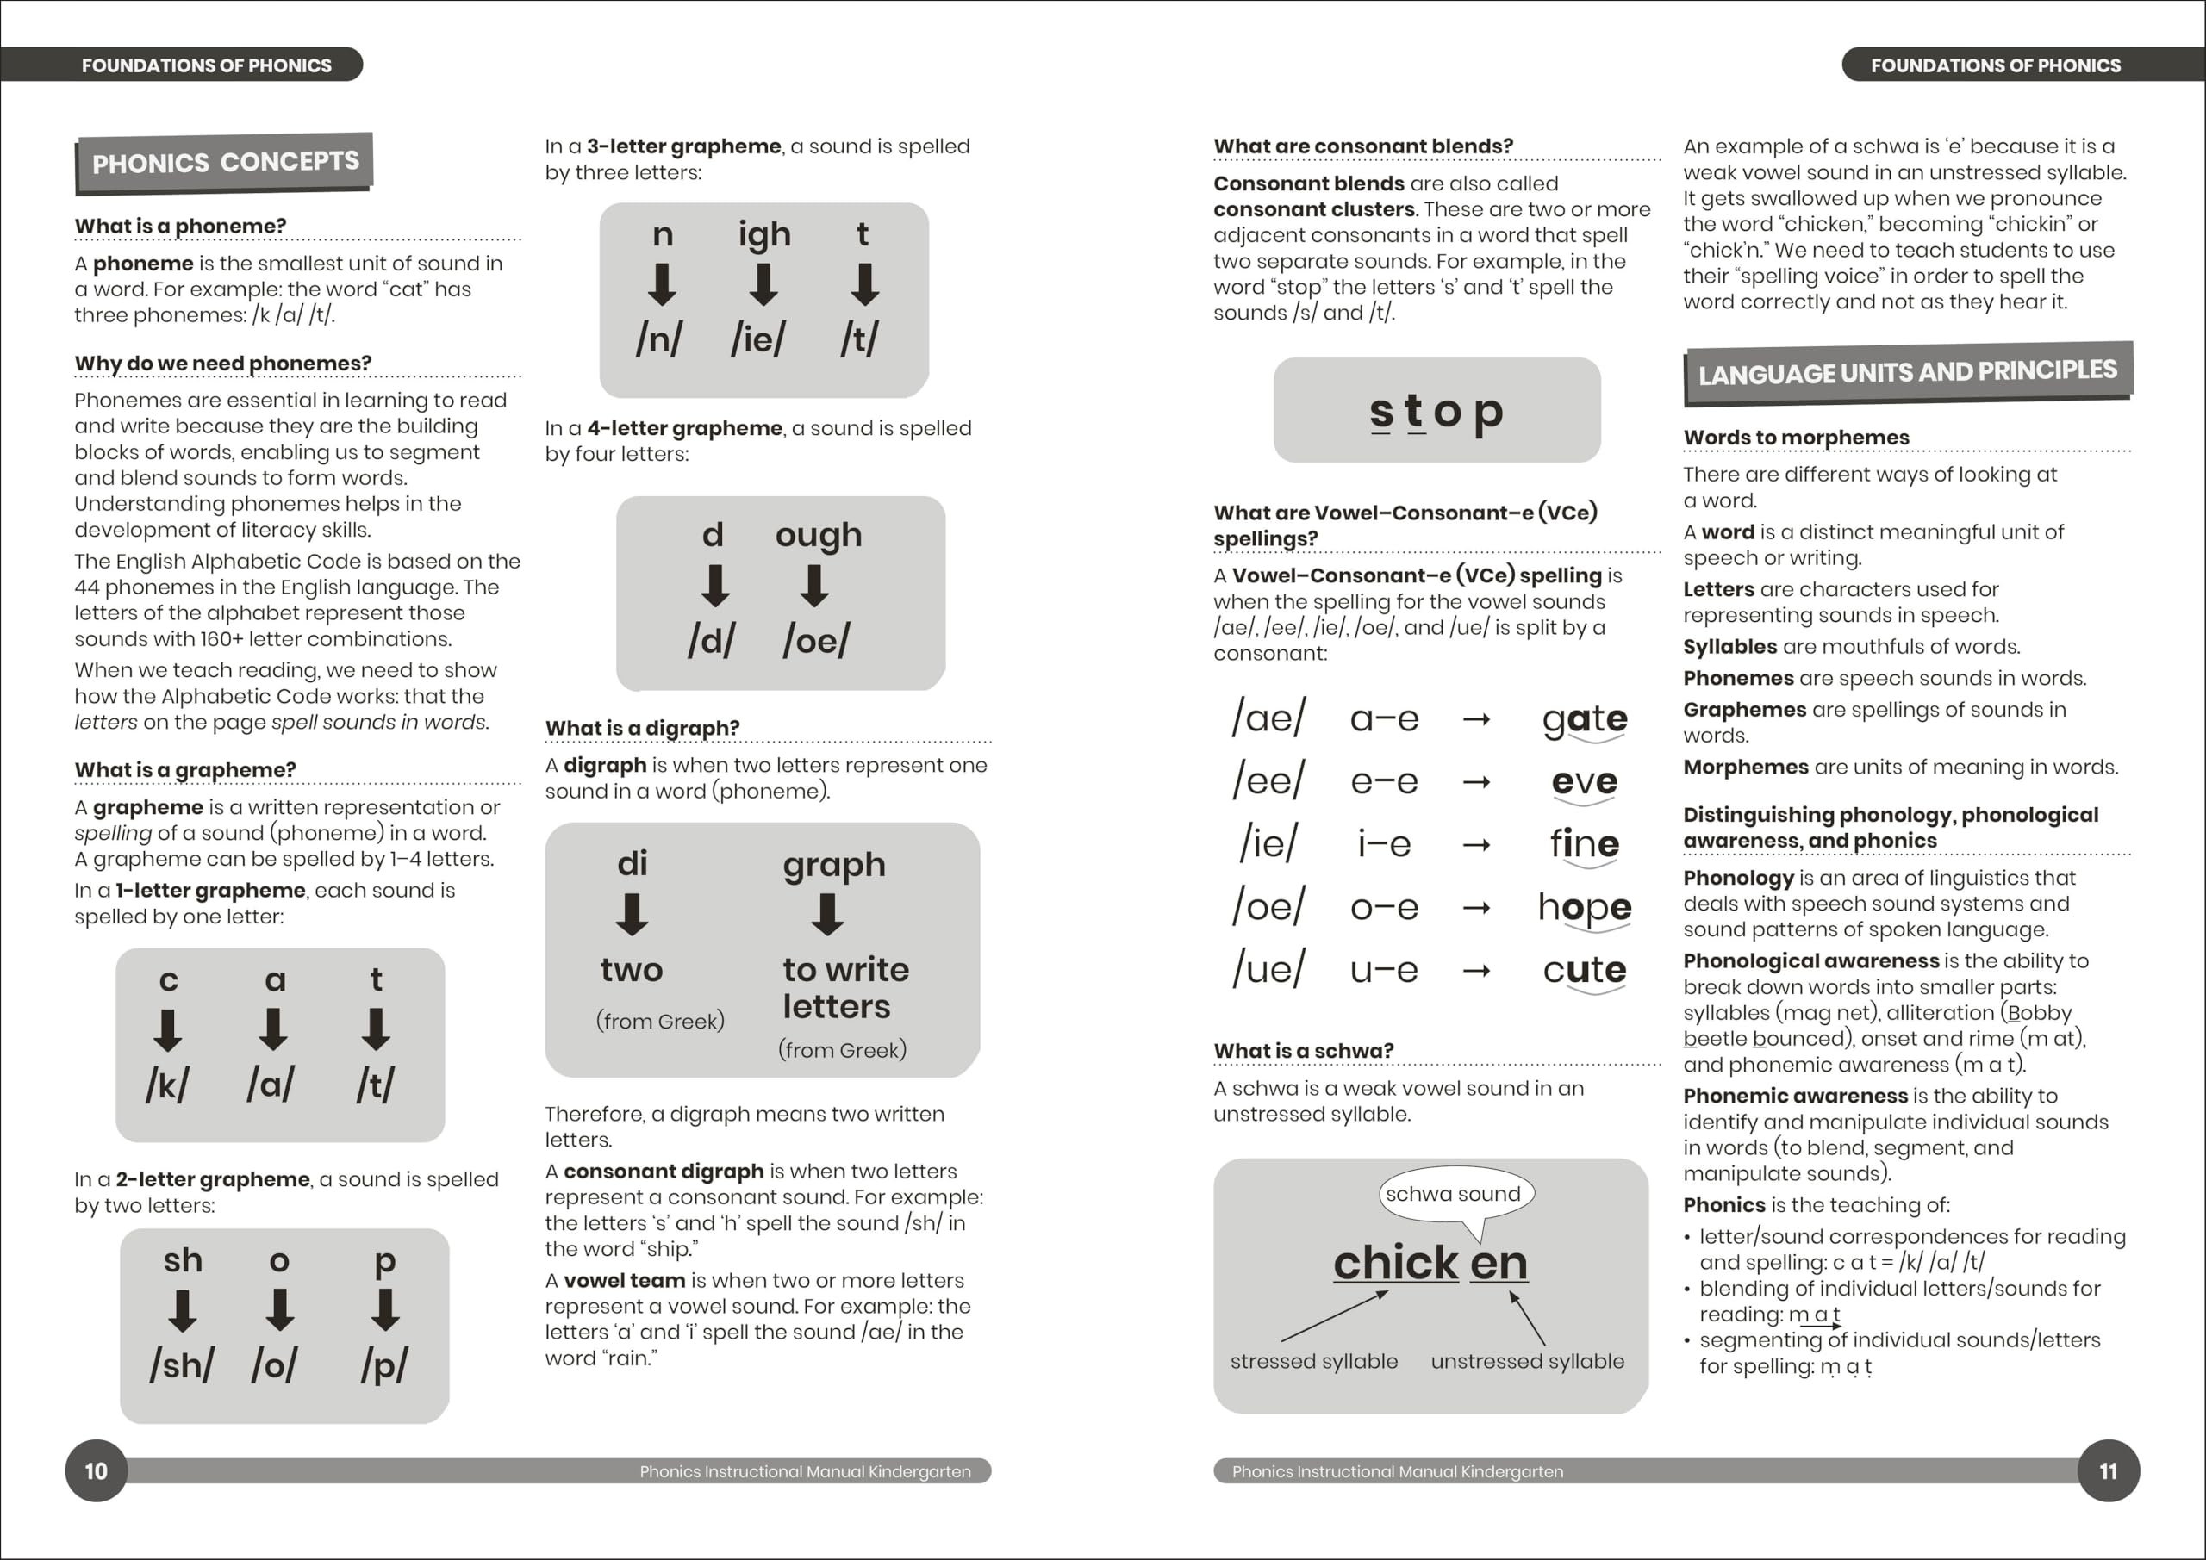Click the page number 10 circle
(96, 1470)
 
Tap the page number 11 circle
(2108, 1470)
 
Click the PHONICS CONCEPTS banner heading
(225, 161)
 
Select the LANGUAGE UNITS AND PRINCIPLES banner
(1907, 372)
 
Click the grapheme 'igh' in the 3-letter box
(763, 234)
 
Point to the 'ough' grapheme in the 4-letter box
(819, 535)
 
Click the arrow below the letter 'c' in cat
(168, 1029)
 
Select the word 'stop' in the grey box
(1436, 411)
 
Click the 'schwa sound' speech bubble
(1453, 1194)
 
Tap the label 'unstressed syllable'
(1527, 1361)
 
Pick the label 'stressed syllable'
(1313, 1361)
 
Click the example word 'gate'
(1585, 719)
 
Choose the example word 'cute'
(1585, 970)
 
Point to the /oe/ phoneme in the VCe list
(1268, 907)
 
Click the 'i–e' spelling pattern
(1384, 844)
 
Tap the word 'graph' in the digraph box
(833, 866)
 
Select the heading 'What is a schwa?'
(1303, 1051)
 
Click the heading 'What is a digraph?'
(642, 728)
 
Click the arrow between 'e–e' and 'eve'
(1476, 783)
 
